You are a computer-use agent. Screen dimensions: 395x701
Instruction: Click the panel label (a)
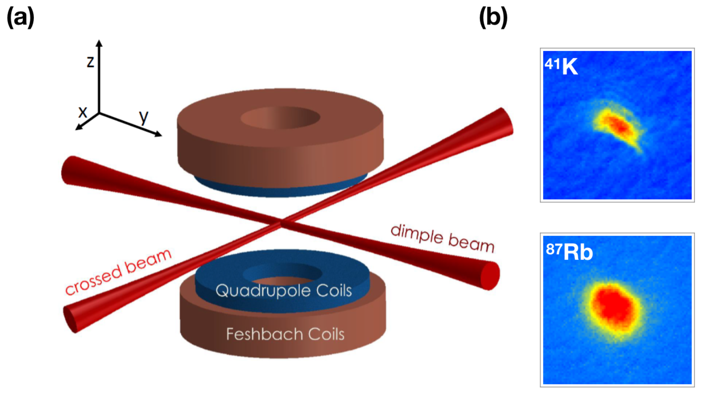click(20, 18)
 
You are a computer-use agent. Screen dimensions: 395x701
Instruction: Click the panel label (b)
click(493, 18)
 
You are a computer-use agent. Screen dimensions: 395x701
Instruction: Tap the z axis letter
click(90, 62)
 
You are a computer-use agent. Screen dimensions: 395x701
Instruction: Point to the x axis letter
click(83, 112)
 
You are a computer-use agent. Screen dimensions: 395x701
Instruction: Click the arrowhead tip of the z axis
click(99, 41)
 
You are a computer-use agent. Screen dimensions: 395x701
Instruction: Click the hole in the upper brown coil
click(280, 117)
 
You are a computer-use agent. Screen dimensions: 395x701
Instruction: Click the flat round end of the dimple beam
click(490, 276)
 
